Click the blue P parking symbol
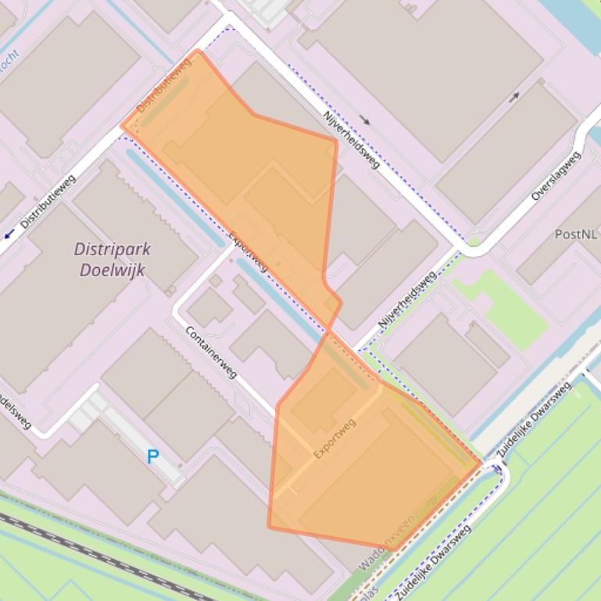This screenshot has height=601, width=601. (153, 457)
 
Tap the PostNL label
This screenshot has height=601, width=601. (577, 233)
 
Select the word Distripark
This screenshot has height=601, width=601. (113, 250)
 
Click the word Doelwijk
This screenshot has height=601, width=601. (113, 270)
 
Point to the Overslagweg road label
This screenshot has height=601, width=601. (556, 176)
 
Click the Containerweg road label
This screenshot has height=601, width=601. (211, 352)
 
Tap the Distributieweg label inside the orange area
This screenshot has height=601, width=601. (164, 84)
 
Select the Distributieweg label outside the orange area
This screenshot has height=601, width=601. (48, 201)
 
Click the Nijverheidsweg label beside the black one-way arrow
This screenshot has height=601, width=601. (351, 140)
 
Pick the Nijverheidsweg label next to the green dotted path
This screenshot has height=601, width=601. (406, 300)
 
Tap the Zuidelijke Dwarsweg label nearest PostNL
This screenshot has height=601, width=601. (534, 421)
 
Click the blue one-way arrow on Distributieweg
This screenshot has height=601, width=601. (9, 233)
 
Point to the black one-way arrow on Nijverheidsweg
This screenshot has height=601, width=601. (365, 120)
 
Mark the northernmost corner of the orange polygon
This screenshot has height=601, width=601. (199, 51)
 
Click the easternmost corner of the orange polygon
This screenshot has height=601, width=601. (481, 464)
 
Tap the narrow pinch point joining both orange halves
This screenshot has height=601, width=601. (329, 329)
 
